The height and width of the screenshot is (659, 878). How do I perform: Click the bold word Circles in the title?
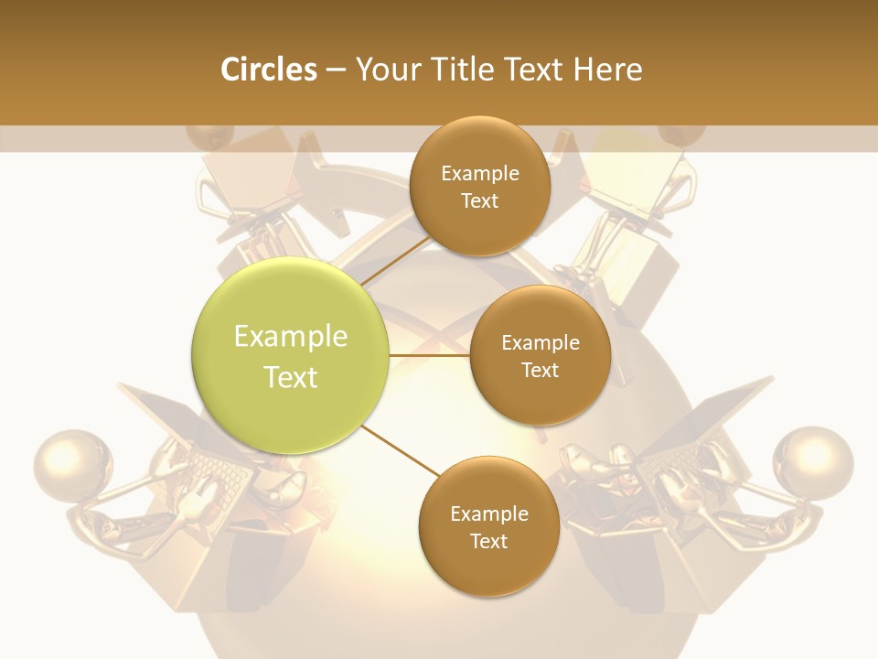point(269,70)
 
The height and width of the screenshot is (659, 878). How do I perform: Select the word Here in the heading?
point(607,70)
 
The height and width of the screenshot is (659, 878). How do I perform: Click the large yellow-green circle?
point(291,356)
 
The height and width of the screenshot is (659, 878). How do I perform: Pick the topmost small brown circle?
point(480,187)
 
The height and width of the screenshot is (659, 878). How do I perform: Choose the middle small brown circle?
point(540,356)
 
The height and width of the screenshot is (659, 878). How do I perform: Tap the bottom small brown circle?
point(488,527)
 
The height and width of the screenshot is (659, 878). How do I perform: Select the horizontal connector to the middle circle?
point(430,355)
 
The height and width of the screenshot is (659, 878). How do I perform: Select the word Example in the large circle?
point(291,337)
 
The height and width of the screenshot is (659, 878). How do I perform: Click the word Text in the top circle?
point(480,201)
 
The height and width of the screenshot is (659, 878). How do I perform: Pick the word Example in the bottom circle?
point(488,513)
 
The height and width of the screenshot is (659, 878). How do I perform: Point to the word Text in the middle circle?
point(540,371)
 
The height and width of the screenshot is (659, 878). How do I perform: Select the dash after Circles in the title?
point(336,70)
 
